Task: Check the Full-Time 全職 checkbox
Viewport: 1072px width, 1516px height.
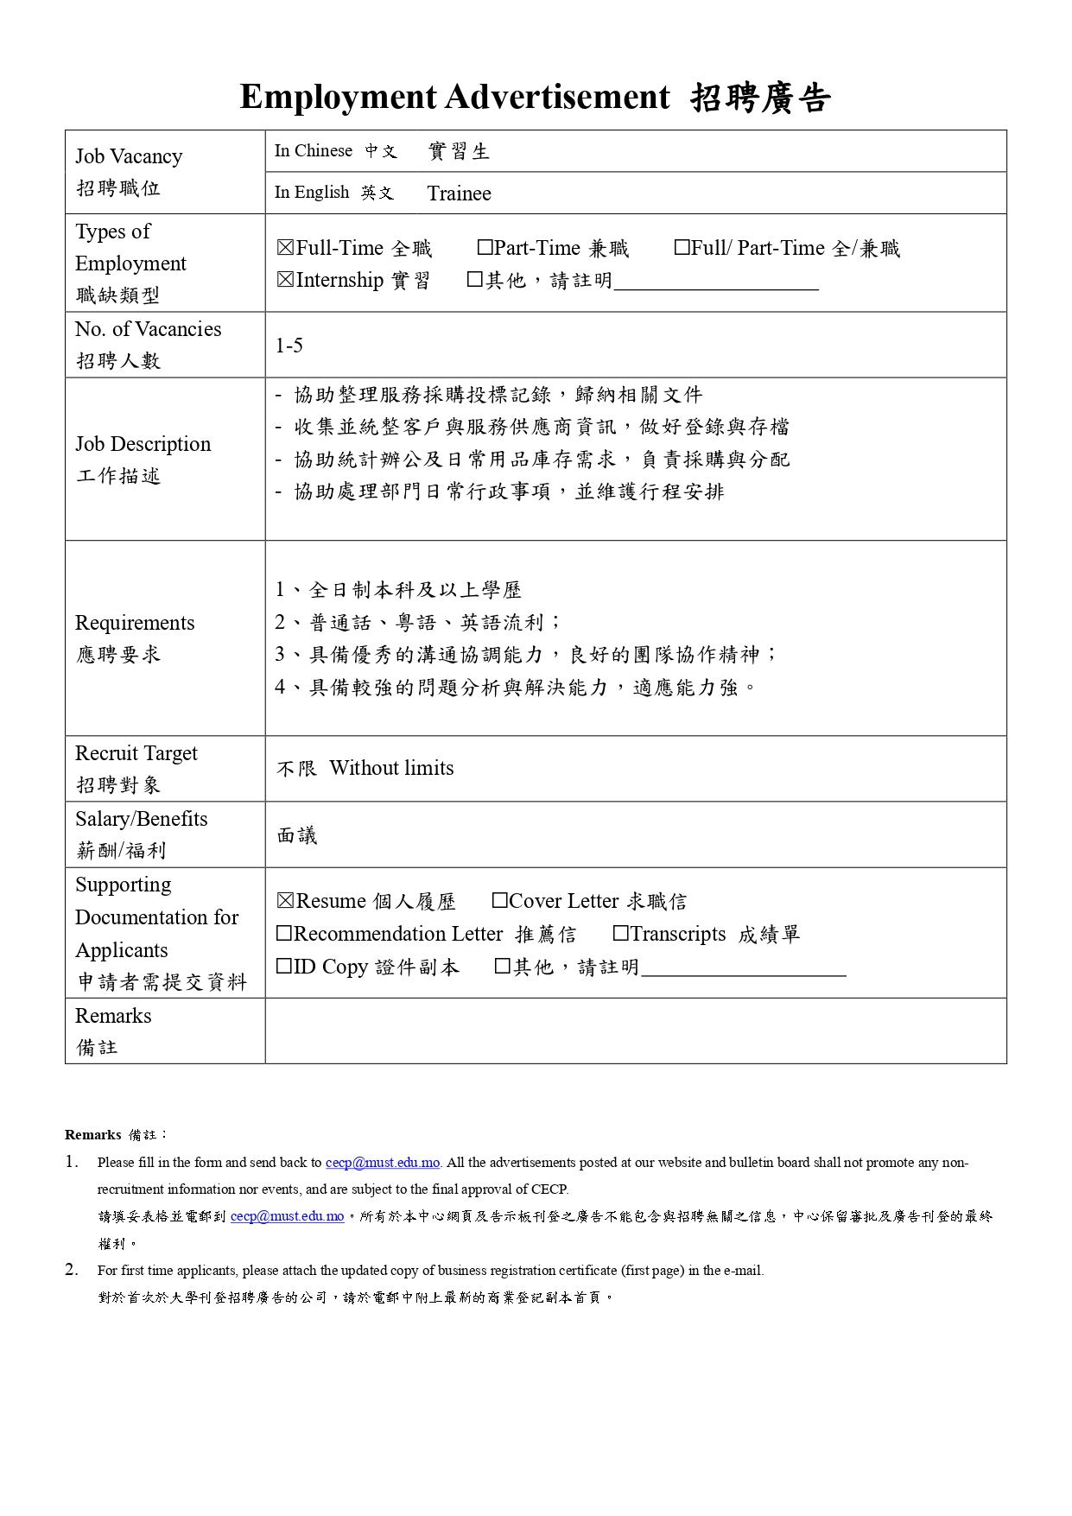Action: pyautogui.click(x=286, y=249)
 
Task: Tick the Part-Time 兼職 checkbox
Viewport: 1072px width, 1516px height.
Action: pyautogui.click(x=485, y=248)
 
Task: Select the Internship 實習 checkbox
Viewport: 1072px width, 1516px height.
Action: pyautogui.click(x=286, y=280)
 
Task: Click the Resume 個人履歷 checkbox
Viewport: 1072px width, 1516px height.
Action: pyautogui.click(x=286, y=901)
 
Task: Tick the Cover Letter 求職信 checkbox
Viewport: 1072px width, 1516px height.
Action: pyautogui.click(x=499, y=901)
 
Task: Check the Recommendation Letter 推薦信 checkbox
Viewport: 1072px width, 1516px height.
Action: pyautogui.click(x=284, y=934)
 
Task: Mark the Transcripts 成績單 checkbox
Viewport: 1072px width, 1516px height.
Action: pyautogui.click(x=620, y=934)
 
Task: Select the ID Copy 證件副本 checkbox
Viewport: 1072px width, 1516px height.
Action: pyautogui.click(x=284, y=967)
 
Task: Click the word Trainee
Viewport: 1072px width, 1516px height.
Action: pyautogui.click(x=459, y=193)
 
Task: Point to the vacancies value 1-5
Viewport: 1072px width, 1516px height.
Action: pyautogui.click(x=289, y=346)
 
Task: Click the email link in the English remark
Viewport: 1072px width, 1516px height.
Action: pyautogui.click(x=383, y=1163)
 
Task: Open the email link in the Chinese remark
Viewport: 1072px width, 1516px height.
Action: pyautogui.click(x=287, y=1216)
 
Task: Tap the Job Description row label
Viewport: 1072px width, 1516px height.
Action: pyautogui.click(x=143, y=444)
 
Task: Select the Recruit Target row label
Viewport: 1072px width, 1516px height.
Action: pyautogui.click(x=136, y=753)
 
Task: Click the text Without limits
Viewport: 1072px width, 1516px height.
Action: pyautogui.click(x=391, y=768)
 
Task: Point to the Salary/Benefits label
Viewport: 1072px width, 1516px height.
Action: pyautogui.click(x=141, y=819)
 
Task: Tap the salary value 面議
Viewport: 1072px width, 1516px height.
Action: pyautogui.click(x=297, y=835)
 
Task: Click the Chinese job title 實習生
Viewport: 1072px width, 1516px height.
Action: pyautogui.click(x=459, y=152)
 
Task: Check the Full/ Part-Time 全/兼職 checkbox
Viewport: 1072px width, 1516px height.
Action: pyautogui.click(x=682, y=248)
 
